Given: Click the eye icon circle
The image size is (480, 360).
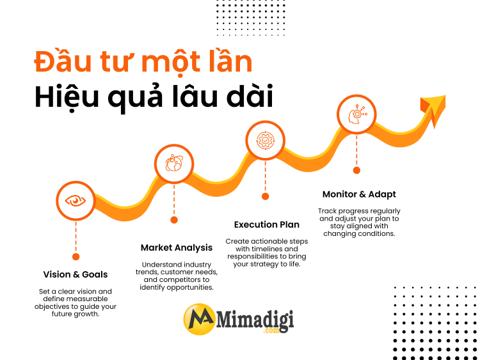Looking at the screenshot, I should (76, 201).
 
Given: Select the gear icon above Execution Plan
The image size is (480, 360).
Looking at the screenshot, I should (265, 140).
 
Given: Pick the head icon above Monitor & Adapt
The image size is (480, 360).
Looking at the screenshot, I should (356, 115).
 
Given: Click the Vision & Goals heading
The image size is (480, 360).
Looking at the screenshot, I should (76, 274).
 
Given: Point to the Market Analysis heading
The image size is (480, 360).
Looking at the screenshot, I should (177, 247).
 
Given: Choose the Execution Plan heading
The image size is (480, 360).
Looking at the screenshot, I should (267, 224).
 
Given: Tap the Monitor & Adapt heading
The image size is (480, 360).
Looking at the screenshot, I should (359, 194).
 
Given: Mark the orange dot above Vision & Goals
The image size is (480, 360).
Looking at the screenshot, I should (76, 256).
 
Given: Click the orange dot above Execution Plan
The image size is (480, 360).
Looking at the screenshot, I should (265, 196).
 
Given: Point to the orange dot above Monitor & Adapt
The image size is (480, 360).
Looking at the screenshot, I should (356, 170).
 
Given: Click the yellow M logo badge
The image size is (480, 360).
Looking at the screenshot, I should (198, 319).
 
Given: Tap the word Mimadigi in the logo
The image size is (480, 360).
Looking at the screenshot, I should (254, 317).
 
